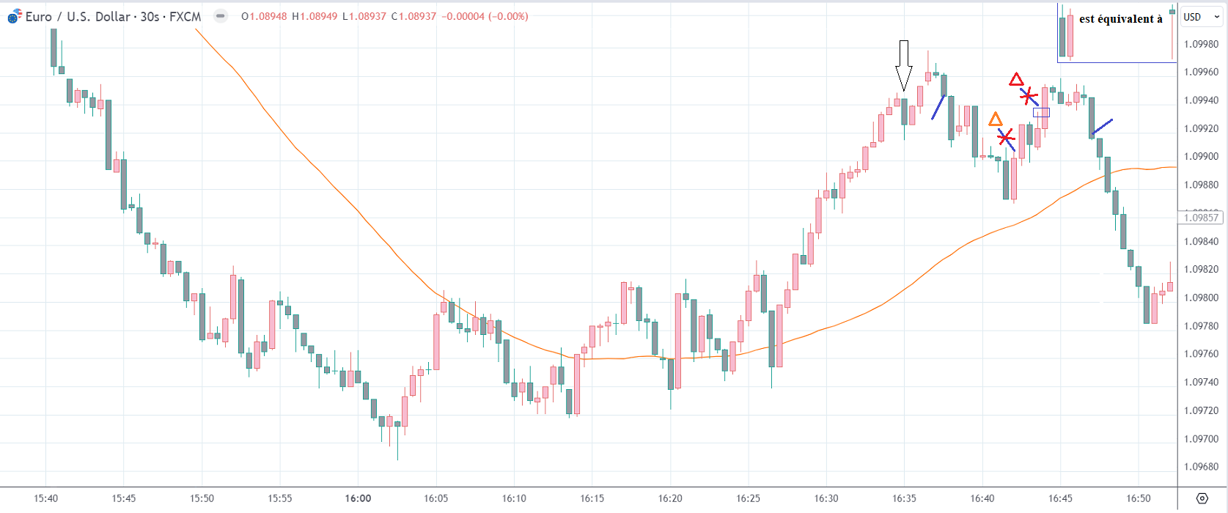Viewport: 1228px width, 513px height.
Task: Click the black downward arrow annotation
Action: pos(904,66)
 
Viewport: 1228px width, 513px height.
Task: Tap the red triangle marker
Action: pos(1015,79)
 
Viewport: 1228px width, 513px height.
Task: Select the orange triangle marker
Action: pos(995,119)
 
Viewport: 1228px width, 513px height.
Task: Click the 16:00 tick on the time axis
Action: pos(358,498)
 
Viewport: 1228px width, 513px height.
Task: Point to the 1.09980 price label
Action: pos(1201,44)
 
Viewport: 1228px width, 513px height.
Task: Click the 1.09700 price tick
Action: pos(1201,439)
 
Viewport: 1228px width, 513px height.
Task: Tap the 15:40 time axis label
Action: pos(45,498)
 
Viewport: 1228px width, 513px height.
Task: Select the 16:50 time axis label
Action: pos(1139,498)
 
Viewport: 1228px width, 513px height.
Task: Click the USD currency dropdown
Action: pos(1200,17)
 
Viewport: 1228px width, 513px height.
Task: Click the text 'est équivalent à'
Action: pos(1120,19)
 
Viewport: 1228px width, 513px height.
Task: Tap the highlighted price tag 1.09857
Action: pos(1200,218)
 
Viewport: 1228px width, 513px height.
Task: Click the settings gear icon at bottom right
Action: pos(1202,498)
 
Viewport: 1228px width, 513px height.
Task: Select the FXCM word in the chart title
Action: pos(185,16)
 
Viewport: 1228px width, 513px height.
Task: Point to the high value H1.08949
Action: pos(315,16)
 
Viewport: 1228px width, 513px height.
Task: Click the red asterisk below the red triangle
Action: pos(1029,95)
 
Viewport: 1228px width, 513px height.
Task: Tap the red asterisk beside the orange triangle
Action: pos(1006,137)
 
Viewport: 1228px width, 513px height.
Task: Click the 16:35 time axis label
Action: pos(904,498)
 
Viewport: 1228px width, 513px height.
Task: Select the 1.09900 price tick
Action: pos(1201,157)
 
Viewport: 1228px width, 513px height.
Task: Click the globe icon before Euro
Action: pos(14,16)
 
